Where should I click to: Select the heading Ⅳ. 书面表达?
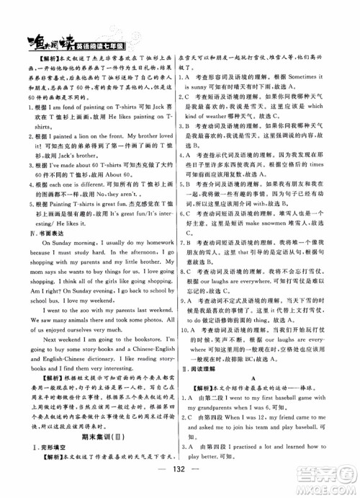33,253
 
